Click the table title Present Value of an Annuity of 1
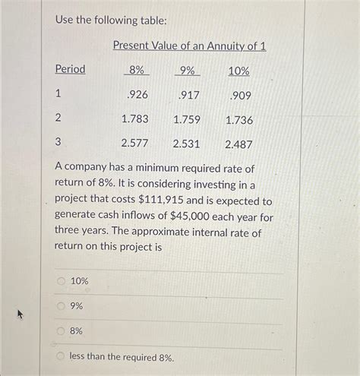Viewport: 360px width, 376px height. pos(189,46)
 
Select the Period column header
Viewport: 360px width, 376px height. pos(70,70)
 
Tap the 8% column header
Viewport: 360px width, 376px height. pos(137,71)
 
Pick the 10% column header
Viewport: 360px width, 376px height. pos(238,71)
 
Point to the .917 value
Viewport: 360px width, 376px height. pos(188,96)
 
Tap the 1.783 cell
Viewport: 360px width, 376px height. pos(134,119)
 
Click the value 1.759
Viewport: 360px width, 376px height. pos(187,119)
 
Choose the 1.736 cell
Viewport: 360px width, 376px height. pos(238,120)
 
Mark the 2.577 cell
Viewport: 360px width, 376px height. pos(134,143)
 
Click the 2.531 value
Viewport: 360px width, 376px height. pos(187,144)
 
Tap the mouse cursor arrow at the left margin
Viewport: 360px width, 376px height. pos(22,314)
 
